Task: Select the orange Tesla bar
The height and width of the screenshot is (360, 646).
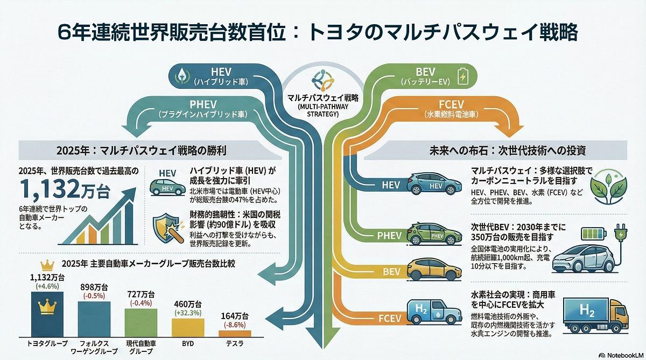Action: pos(235,333)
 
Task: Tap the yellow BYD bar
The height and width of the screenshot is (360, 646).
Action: pos(188,327)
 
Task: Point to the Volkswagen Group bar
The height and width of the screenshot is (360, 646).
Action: pos(94,318)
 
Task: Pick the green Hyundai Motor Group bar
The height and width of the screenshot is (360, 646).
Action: pos(141,322)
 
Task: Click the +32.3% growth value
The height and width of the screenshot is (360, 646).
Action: pos(187,313)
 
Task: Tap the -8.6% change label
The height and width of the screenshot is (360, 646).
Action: pos(235,324)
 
